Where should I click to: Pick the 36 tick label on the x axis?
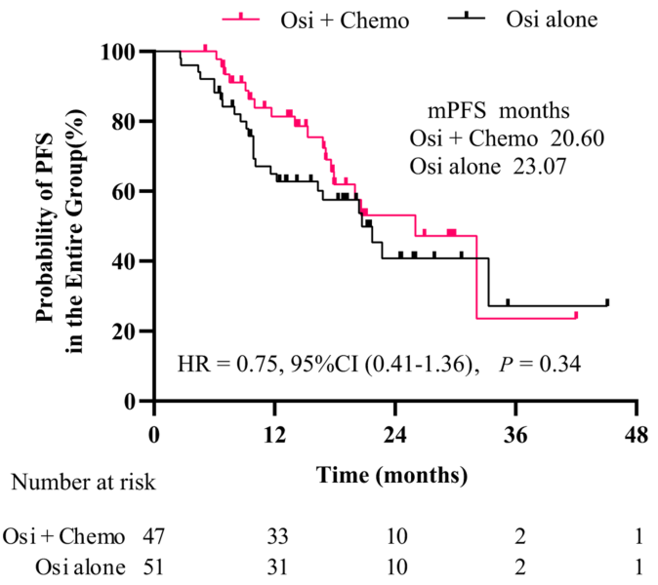pyautogui.click(x=515, y=434)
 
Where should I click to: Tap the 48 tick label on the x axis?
pyautogui.click(x=637, y=434)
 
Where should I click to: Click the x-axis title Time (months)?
pyautogui.click(x=391, y=476)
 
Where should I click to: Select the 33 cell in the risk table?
pyautogui.click(x=279, y=537)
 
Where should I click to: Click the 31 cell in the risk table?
pyautogui.click(x=279, y=565)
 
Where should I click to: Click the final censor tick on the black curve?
pyautogui.click(x=607, y=302)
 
